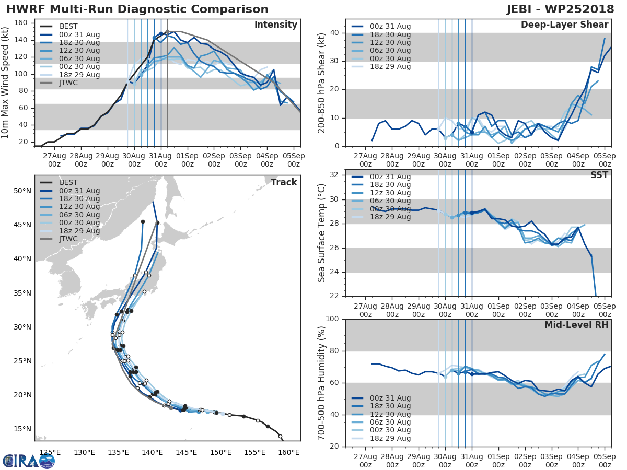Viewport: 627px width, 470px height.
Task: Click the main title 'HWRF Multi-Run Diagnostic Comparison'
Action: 137,9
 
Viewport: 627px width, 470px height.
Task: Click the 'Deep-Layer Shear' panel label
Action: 564,25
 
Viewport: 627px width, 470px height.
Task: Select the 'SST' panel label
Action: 599,175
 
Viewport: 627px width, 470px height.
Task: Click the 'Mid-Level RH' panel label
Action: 576,325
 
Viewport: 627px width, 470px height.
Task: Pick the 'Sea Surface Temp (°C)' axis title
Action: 322,233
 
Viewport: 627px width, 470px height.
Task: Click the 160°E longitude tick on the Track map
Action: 288,452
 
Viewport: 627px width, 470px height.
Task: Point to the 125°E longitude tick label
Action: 50,452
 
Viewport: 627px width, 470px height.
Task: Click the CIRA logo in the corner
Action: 28,461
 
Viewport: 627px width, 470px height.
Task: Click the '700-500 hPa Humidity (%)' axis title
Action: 322,382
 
